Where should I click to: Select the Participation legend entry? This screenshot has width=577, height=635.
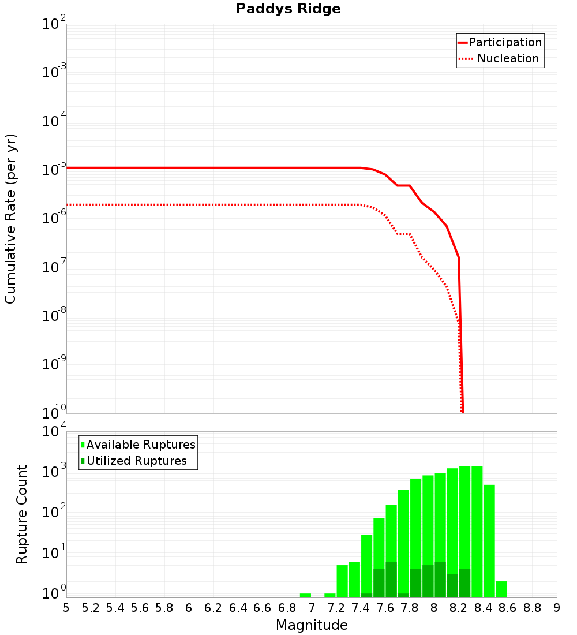500,42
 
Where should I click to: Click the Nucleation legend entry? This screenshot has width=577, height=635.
500,58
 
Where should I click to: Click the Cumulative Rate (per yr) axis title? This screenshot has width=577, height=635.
10,219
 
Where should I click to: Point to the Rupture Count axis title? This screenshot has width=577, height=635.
22,514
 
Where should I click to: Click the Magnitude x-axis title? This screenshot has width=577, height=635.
312,625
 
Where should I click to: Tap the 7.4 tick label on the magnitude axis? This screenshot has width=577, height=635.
361,608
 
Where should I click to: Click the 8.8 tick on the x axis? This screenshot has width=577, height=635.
532,608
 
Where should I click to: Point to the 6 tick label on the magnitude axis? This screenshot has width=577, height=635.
189,608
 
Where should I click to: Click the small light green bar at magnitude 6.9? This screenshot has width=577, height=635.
305,595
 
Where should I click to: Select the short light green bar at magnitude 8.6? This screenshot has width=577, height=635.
501,589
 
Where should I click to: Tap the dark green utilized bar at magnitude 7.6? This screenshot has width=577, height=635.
391,580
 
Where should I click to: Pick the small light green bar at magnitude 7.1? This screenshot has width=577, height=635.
330,595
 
